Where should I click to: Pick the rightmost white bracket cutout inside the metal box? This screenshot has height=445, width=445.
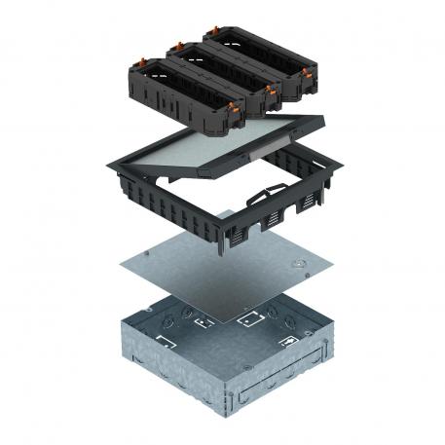tap(291, 341)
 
